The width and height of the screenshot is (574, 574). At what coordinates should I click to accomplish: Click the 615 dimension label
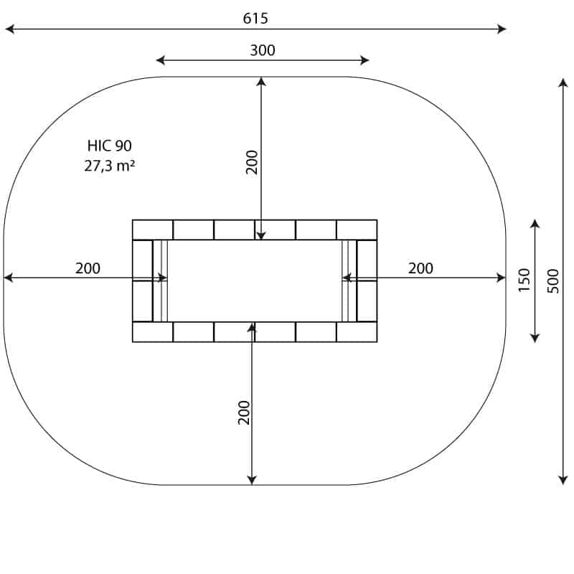click(255, 19)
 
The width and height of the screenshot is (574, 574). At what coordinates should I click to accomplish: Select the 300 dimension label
click(263, 50)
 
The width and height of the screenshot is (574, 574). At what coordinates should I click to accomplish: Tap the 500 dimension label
click(553, 281)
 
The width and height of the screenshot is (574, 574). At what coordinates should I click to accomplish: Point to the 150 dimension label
click(524, 280)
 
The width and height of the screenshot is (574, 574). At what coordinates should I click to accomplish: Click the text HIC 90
click(110, 146)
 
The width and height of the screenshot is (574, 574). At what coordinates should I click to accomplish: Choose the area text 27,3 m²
click(110, 166)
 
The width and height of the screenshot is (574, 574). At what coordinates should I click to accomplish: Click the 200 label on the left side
click(88, 268)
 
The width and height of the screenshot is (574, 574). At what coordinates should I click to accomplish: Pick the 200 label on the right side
click(420, 268)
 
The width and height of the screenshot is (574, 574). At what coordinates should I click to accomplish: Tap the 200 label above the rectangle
click(252, 162)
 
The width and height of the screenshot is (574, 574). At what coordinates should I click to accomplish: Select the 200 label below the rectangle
click(244, 413)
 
